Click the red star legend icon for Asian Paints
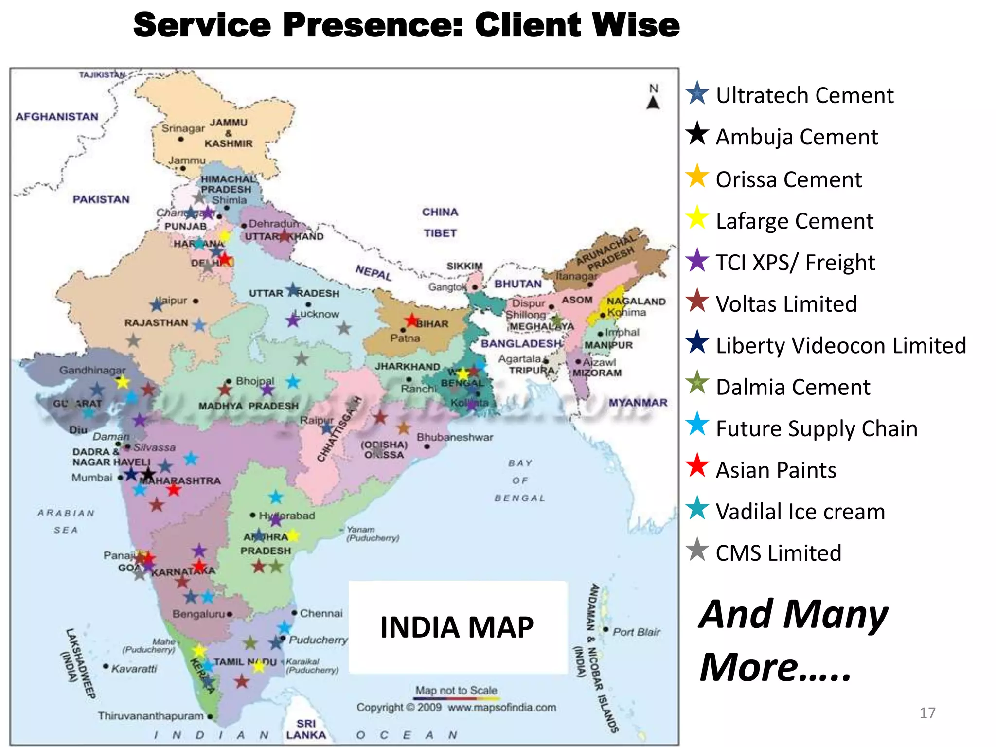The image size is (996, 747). [697, 465]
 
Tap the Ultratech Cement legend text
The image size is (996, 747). [804, 95]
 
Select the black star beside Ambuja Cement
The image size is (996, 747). [697, 133]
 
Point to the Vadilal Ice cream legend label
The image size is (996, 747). [800, 512]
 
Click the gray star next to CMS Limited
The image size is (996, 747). [697, 550]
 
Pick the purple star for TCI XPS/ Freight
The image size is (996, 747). [697, 260]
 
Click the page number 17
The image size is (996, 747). [927, 713]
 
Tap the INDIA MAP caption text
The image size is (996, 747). [457, 627]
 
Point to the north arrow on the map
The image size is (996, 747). [653, 102]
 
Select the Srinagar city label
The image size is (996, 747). [183, 128]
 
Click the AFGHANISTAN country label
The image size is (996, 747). [57, 117]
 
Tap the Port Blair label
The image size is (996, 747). [636, 632]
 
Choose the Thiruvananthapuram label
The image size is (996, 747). [151, 716]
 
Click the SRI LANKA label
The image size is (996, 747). [306, 729]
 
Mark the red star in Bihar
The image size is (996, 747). [412, 320]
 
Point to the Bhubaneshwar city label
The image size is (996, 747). [455, 437]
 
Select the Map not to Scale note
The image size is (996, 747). [456, 690]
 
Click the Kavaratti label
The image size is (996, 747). [134, 669]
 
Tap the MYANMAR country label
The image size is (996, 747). [638, 403]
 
